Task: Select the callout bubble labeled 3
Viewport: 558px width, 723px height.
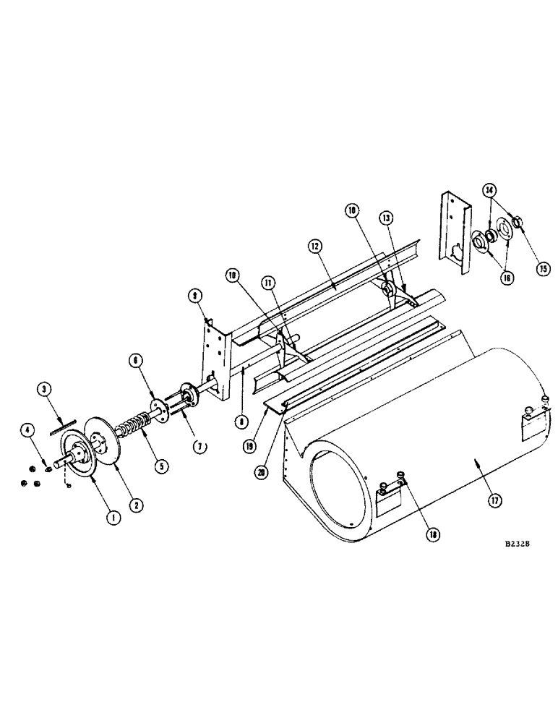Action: point(45,389)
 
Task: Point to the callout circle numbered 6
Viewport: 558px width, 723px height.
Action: point(136,360)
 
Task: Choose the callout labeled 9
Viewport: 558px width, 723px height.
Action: point(194,294)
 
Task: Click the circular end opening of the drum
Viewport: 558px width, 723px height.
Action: point(340,492)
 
